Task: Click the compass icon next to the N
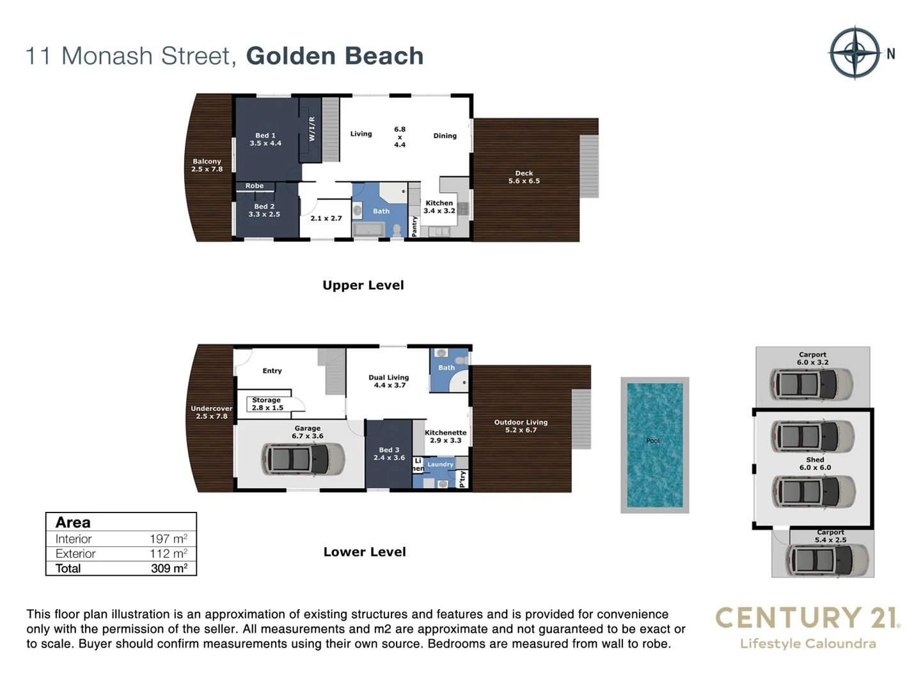pos(854,53)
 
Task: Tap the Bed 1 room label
pos(265,139)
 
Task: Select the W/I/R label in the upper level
pos(312,129)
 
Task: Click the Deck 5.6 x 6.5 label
pos(524,177)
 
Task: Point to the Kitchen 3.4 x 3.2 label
pos(439,207)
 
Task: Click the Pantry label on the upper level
pos(414,226)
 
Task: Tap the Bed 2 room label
pos(264,210)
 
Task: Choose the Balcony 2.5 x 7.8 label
pos(207,166)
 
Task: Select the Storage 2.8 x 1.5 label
pos(267,404)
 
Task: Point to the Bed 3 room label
pos(389,454)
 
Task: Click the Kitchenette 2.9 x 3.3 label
pos(445,436)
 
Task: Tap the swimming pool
pos(654,445)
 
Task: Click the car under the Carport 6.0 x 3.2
pos(812,385)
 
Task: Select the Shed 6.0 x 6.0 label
pos(815,464)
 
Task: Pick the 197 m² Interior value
pos(168,539)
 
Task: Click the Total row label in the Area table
pos(68,568)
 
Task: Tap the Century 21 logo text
pos(807,618)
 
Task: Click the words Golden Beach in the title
pos(335,56)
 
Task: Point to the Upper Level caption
pos(363,285)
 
